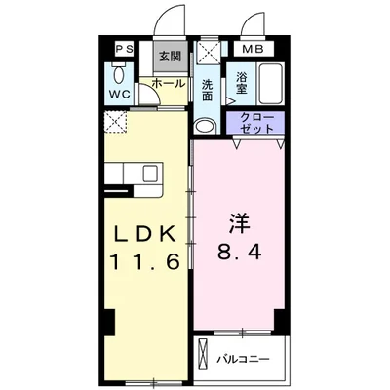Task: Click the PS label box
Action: (x=125, y=49)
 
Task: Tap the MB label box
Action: (x=253, y=49)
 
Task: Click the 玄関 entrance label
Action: (x=170, y=57)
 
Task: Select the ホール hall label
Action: (x=169, y=83)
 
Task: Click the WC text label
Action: (x=120, y=95)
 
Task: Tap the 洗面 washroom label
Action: (x=208, y=90)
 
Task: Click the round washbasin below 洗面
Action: (x=205, y=126)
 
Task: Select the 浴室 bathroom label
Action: (x=241, y=83)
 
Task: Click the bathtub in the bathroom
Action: (x=270, y=83)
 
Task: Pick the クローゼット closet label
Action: (x=256, y=123)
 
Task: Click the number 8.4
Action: (x=240, y=252)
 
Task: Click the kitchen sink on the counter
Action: (x=150, y=174)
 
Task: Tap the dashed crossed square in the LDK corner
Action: (x=116, y=122)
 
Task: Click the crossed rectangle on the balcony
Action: (x=203, y=354)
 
